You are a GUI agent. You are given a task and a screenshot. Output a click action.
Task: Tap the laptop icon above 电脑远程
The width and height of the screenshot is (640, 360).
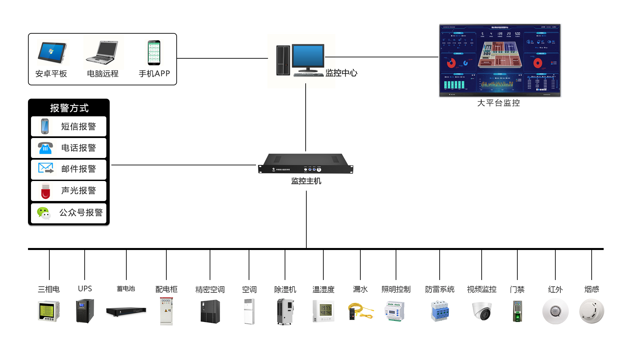[x=102, y=53]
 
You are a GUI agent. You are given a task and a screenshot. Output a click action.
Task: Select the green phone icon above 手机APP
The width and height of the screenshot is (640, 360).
[x=154, y=53]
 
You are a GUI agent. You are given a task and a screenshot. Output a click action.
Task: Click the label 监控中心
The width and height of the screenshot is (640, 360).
[x=341, y=73]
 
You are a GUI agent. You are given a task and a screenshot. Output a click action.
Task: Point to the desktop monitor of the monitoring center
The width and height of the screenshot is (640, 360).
[x=308, y=57]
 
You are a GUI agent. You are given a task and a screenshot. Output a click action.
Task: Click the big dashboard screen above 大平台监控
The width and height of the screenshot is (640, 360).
[x=500, y=60]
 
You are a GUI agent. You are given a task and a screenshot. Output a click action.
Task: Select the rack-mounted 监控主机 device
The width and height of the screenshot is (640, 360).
[x=306, y=164]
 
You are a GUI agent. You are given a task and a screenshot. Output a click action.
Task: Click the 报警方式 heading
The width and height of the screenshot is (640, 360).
[x=69, y=108]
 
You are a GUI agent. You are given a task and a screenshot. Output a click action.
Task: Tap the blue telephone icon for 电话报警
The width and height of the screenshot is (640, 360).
[x=45, y=148]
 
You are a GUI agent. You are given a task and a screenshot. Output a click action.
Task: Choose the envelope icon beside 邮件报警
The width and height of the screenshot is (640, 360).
[x=46, y=168]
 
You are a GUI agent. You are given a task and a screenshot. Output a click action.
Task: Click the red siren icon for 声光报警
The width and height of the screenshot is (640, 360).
[x=46, y=191]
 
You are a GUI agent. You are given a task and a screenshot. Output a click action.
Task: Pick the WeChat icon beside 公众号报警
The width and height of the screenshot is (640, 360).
[x=44, y=213]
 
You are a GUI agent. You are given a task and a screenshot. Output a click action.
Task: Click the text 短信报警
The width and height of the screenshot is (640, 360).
[x=79, y=127]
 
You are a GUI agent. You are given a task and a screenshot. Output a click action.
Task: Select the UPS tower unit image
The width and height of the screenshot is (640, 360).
[x=85, y=311]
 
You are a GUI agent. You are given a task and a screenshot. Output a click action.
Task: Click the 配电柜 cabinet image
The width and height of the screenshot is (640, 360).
[x=166, y=311]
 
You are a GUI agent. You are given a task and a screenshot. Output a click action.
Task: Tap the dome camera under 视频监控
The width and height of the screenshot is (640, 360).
[x=482, y=311]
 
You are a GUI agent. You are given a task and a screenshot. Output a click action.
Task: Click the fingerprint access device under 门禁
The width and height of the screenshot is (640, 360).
[x=517, y=311]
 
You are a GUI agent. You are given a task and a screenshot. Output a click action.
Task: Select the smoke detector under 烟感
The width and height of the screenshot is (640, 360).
[x=592, y=311]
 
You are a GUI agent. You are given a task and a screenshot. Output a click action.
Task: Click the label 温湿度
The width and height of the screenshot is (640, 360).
[x=323, y=289]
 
